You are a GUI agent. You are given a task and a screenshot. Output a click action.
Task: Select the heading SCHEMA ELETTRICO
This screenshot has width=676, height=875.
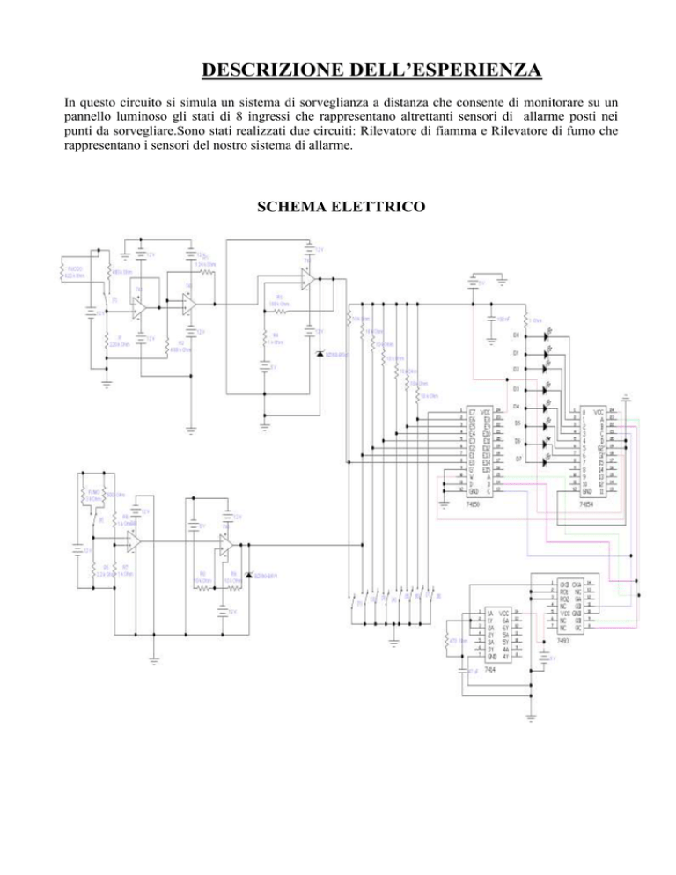click(338, 207)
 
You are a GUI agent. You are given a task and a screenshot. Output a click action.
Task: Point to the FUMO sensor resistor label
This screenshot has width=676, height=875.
click(95, 494)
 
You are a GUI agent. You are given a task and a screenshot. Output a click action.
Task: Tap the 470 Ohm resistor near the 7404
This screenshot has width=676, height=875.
click(453, 640)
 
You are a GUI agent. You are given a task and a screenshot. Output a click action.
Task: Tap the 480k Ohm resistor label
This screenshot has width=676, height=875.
click(121, 270)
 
